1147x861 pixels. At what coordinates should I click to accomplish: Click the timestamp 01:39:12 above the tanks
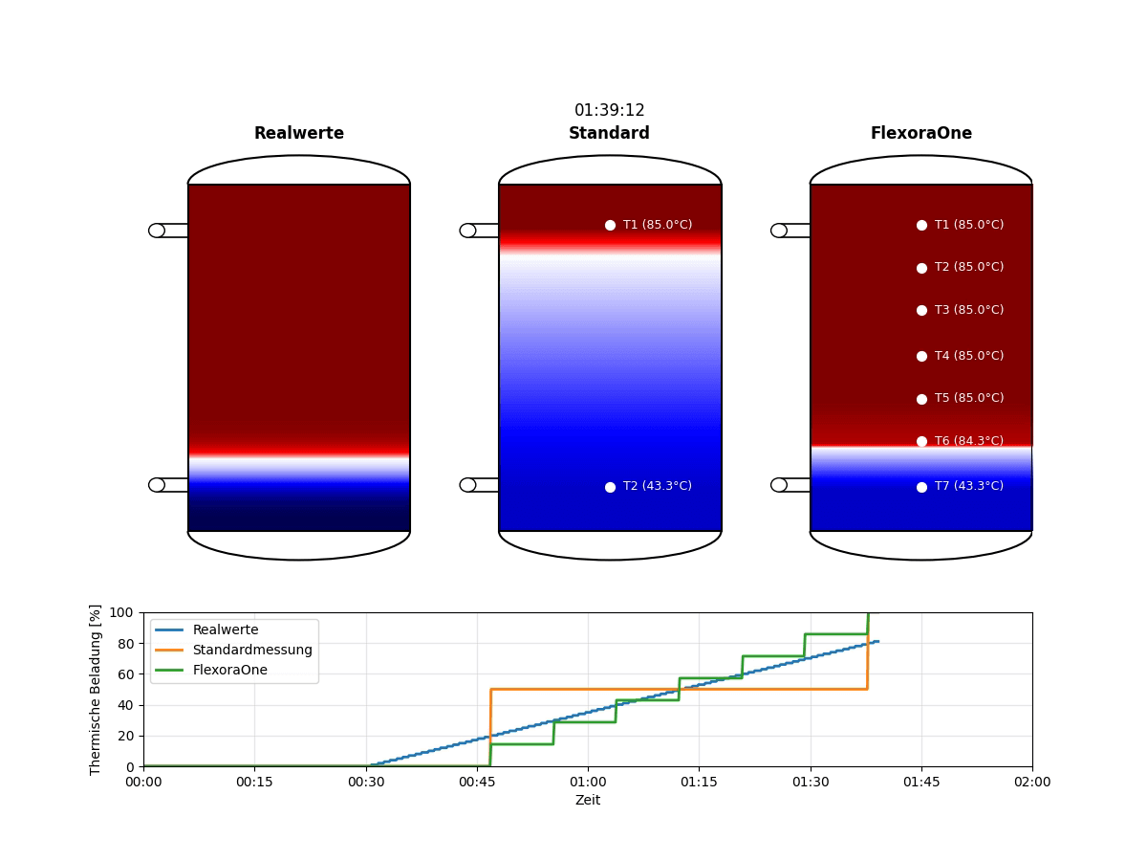click(609, 111)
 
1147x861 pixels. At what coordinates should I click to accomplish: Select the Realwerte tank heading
click(298, 134)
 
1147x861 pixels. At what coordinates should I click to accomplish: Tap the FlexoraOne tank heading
click(920, 134)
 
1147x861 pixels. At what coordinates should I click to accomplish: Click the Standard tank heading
click(609, 134)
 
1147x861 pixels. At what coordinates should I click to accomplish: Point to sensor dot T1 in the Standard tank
click(610, 225)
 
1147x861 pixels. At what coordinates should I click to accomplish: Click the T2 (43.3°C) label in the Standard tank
click(657, 486)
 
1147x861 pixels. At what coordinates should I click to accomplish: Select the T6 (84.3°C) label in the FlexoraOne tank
click(968, 441)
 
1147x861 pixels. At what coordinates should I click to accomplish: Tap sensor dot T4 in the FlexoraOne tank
click(921, 356)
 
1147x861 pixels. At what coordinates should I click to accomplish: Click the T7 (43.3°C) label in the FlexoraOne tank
click(968, 486)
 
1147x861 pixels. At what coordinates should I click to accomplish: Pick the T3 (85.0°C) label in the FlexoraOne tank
click(968, 310)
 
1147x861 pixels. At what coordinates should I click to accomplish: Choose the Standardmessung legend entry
click(252, 650)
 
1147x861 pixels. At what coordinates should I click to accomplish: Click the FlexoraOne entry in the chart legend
click(229, 670)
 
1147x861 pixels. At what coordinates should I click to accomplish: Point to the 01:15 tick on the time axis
click(699, 782)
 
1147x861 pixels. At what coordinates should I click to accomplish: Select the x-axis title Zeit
click(587, 800)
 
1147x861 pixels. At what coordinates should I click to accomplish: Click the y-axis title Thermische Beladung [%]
click(96, 689)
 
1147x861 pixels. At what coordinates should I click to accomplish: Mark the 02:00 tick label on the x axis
click(1031, 782)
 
